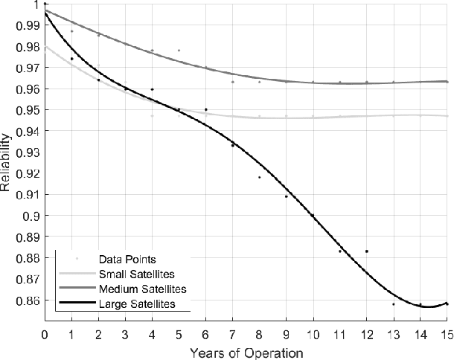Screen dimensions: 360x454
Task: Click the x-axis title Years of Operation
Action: coord(246,350)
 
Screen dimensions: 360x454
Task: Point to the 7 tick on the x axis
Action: coord(232,332)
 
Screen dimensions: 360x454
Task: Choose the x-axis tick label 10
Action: coord(313,332)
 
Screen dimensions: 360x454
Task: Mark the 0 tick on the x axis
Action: coord(45,332)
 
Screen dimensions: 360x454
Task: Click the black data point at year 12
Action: coord(366,251)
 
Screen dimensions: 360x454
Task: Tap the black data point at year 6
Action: coord(205,109)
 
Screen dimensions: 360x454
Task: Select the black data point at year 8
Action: coord(259,177)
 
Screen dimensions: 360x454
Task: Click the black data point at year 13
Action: coord(393,304)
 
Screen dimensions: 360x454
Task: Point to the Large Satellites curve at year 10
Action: coord(313,216)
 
